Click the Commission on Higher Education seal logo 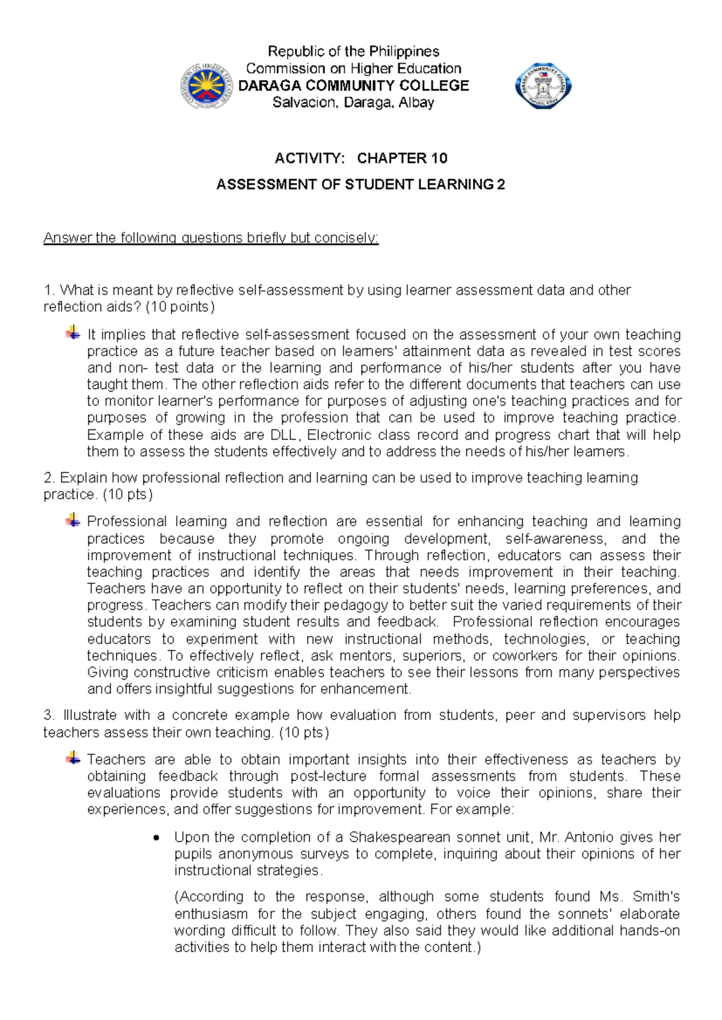tap(206, 86)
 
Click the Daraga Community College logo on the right tap(543, 86)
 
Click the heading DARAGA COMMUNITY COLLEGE tap(354, 85)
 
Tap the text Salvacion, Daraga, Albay tap(354, 102)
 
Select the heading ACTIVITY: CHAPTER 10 tap(361, 158)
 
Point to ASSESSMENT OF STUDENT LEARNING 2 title tap(360, 185)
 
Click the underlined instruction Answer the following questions tap(211, 238)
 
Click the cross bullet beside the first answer tap(73, 333)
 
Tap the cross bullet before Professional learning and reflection tap(73, 520)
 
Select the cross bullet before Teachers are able tap(73, 758)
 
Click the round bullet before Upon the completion tap(157, 838)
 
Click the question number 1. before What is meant tap(49, 290)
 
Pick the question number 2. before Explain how tap(49, 478)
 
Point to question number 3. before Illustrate tap(49, 716)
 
